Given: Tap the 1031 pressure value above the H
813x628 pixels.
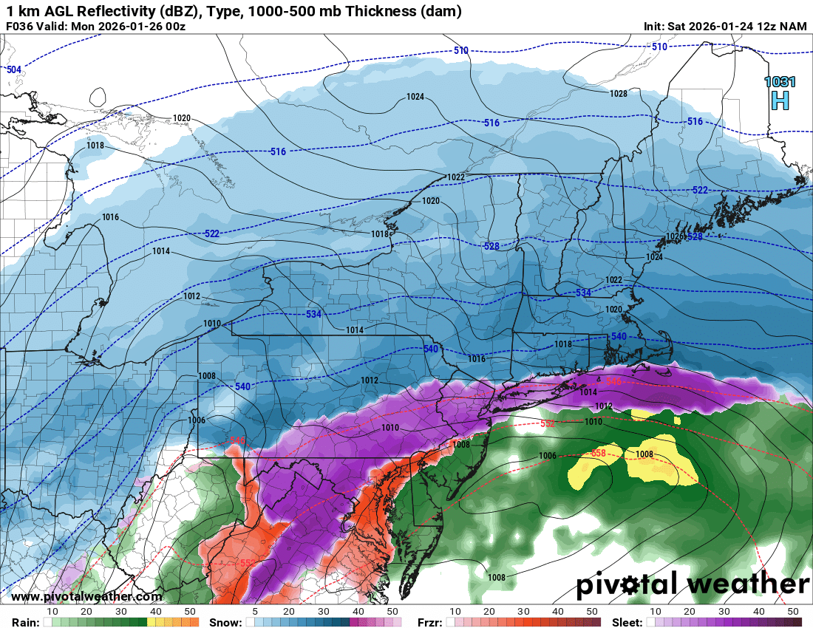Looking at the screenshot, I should click(780, 82).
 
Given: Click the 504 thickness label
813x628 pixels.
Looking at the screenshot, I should click(13, 69).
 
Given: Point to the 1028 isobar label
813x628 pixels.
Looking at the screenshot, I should click(619, 94).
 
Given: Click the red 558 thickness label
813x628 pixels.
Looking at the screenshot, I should click(598, 452).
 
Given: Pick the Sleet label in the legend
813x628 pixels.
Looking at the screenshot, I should click(628, 622).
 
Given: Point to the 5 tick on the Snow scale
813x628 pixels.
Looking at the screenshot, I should click(255, 612).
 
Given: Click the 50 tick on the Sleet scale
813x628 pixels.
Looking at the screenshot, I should click(792, 612).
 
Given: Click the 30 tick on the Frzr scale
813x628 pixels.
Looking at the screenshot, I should click(523, 612).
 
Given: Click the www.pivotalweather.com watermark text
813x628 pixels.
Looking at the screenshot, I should click(86, 596).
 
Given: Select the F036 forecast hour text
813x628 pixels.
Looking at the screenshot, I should click(21, 27).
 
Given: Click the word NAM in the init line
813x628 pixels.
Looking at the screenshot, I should click(794, 27).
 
